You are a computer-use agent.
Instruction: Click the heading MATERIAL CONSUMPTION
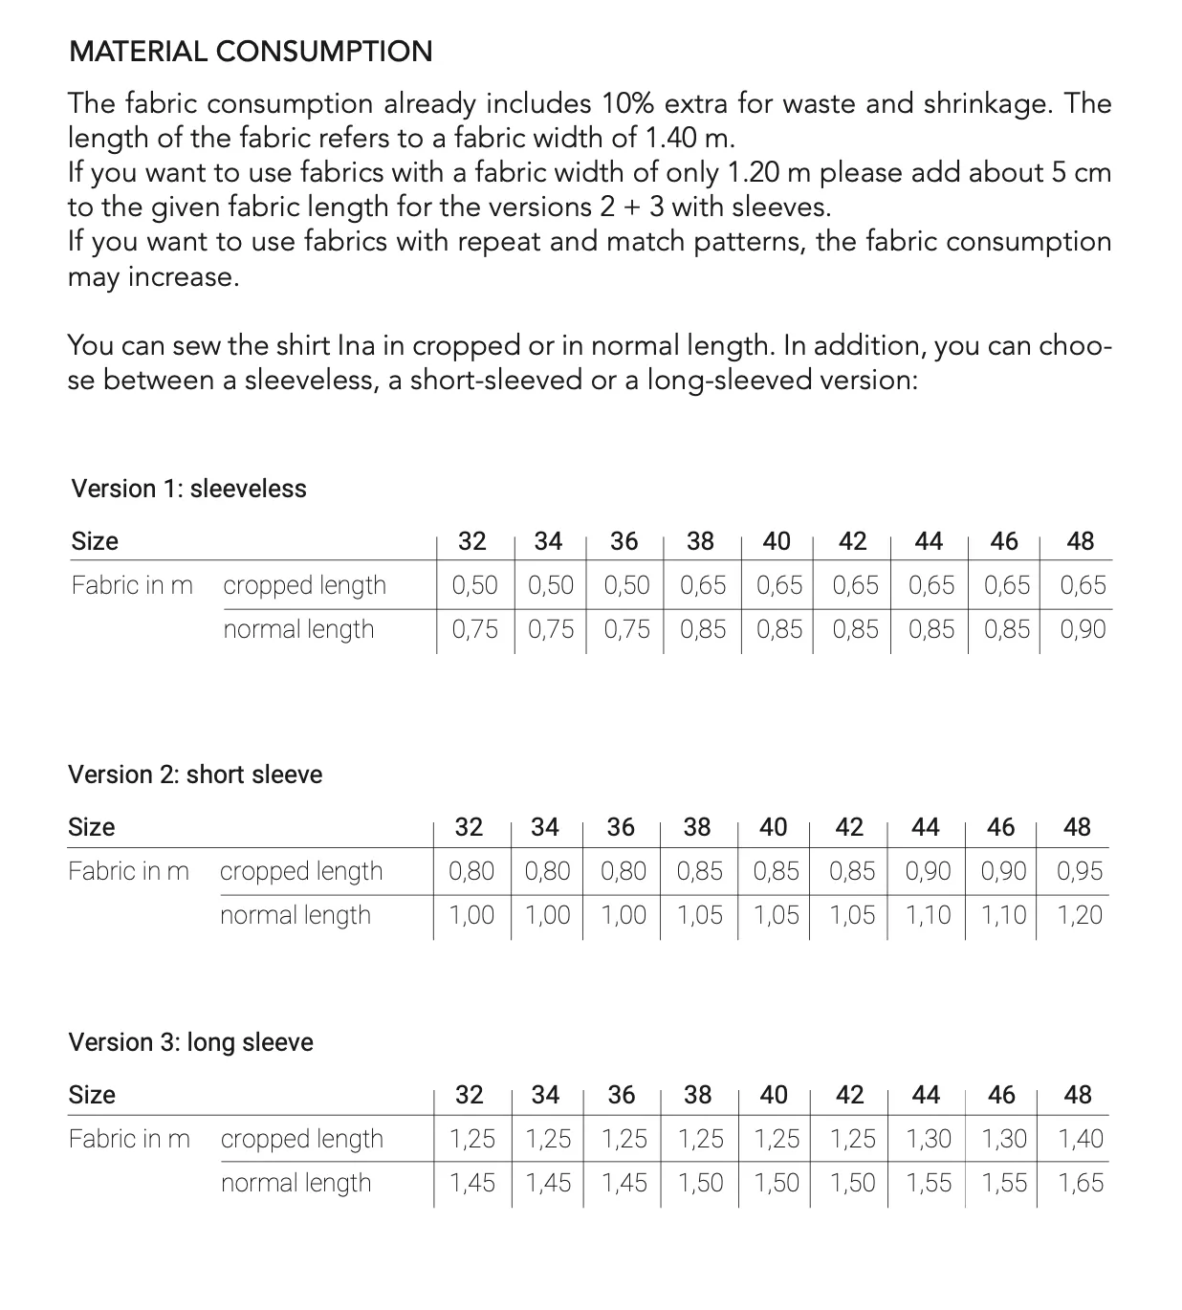[x=251, y=52]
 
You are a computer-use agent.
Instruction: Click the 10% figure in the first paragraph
[x=628, y=103]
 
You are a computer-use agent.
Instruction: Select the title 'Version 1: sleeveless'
[x=188, y=489]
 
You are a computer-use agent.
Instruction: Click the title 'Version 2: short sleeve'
[x=195, y=775]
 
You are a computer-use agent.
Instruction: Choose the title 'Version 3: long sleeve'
[x=190, y=1042]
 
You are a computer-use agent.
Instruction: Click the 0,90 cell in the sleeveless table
[x=1083, y=629]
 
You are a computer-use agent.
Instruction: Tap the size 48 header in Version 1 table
[x=1080, y=541]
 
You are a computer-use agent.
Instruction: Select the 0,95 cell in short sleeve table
[x=1080, y=871]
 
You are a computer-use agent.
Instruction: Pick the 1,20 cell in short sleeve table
[x=1080, y=915]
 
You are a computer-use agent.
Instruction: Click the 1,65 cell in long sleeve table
[x=1080, y=1183]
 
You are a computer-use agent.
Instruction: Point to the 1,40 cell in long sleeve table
[x=1080, y=1139]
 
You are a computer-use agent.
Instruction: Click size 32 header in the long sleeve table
[x=469, y=1095]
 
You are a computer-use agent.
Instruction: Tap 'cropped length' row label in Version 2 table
[x=301, y=871]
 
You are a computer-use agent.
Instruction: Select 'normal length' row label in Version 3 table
[x=295, y=1183]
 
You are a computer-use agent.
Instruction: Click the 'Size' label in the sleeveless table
[x=95, y=541]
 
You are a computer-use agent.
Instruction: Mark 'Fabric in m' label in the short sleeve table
[x=129, y=871]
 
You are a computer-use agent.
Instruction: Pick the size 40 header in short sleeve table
[x=773, y=827]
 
